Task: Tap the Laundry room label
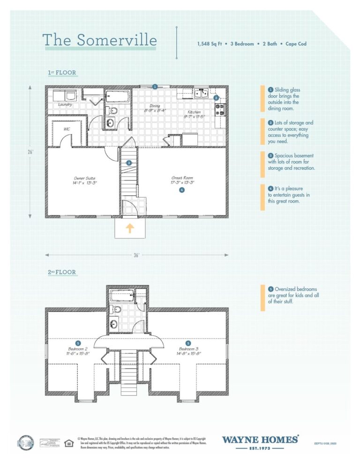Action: pyautogui.click(x=65, y=105)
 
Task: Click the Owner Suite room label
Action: pyautogui.click(x=85, y=180)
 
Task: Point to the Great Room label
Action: pyautogui.click(x=182, y=180)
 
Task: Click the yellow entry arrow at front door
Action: pyautogui.click(x=130, y=228)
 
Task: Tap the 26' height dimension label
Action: pyautogui.click(x=30, y=151)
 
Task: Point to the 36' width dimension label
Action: pyautogui.click(x=136, y=255)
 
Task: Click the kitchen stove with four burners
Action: pyautogui.click(x=220, y=110)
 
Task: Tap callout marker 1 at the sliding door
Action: pyautogui.click(x=155, y=86)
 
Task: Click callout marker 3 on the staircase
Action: pyautogui.click(x=128, y=163)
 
